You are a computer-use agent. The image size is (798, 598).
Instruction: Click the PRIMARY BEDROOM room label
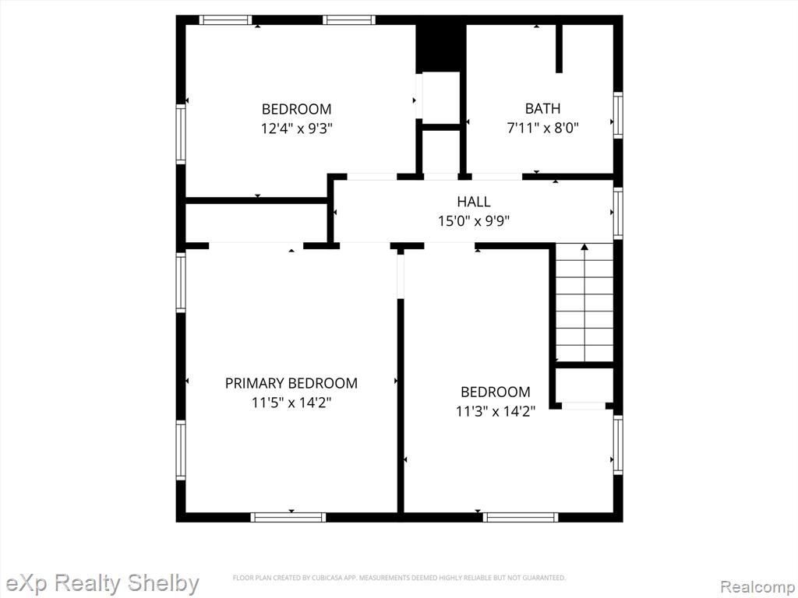tap(291, 383)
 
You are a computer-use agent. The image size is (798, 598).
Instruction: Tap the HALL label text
tap(474, 202)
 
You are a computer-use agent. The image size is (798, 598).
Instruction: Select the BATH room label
tap(542, 108)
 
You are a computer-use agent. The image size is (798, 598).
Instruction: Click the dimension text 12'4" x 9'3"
tap(296, 128)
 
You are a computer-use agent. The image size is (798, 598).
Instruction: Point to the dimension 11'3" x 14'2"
tap(495, 411)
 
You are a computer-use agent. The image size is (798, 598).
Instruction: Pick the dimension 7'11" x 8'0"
tap(542, 128)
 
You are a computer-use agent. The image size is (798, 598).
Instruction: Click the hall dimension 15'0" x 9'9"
tap(474, 220)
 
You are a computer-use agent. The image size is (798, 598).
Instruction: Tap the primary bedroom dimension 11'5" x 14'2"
tap(291, 403)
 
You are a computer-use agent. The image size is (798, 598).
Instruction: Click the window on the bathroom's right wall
tap(618, 114)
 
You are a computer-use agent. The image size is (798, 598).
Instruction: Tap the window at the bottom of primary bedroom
tap(288, 517)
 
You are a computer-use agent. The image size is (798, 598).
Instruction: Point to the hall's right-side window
tap(618, 213)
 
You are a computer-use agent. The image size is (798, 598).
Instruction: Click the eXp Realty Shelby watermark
tap(102, 583)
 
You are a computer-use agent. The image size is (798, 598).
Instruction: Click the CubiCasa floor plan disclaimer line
tap(400, 578)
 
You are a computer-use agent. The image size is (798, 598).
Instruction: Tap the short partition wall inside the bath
tap(559, 48)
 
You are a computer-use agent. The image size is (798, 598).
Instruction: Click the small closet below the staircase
tap(584, 385)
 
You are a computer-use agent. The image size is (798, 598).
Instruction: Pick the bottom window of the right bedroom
tap(521, 517)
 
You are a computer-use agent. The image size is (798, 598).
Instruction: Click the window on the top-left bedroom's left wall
tap(181, 134)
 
